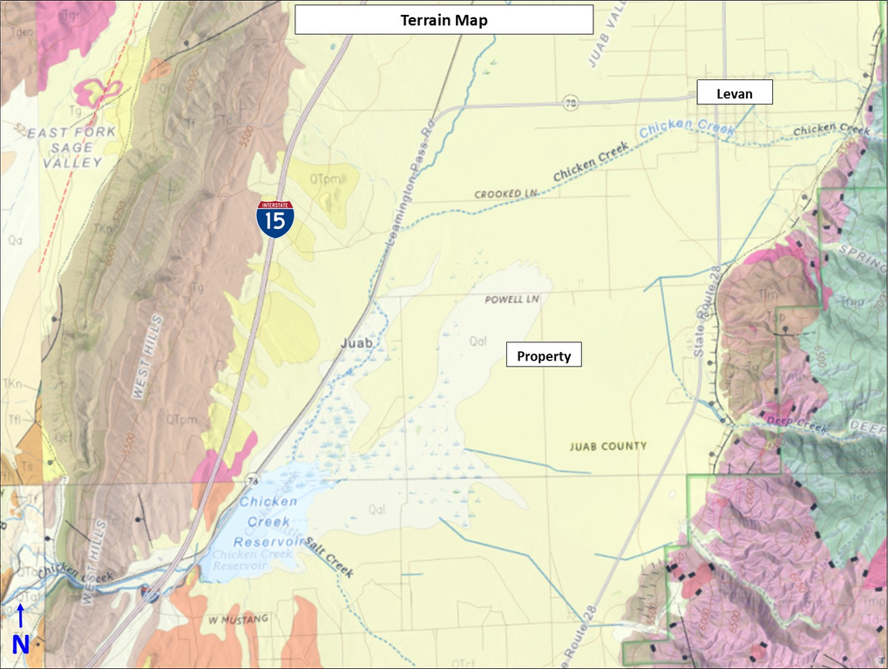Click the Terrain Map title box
(444, 19)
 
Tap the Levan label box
(734, 92)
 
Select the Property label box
(544, 355)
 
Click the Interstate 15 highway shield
(275, 219)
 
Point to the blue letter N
(20, 645)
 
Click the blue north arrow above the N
(20, 617)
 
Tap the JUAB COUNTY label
(608, 446)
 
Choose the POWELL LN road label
(512, 299)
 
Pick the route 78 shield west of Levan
(570, 104)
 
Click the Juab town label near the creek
(356, 343)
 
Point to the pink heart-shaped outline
(98, 91)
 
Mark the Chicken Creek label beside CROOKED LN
(591, 164)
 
